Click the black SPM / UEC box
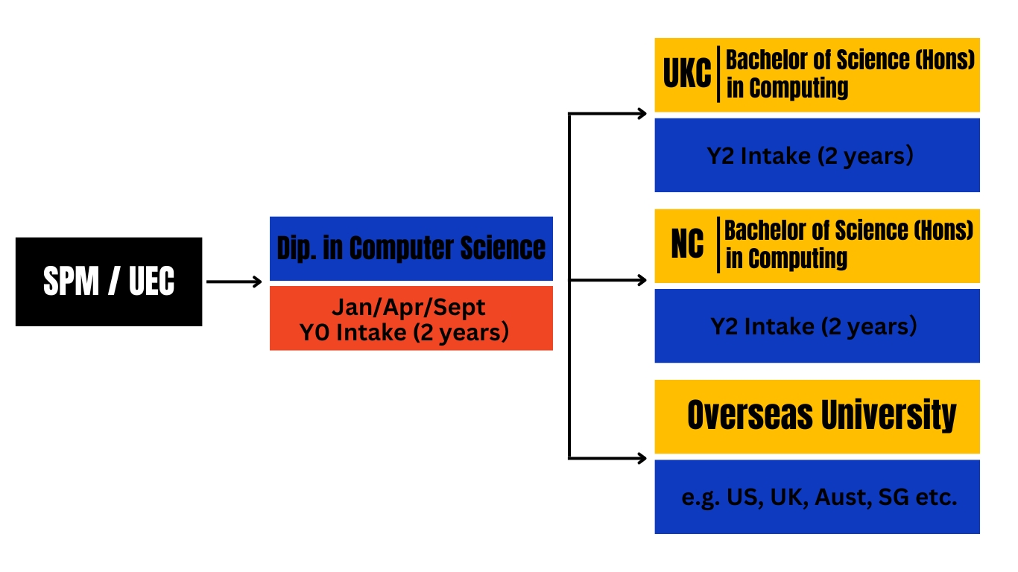(109, 282)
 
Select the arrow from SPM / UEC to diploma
(234, 282)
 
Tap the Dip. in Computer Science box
(411, 249)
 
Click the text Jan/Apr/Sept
(408, 308)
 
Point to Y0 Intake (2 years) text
(404, 332)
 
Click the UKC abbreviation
(686, 73)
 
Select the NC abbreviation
(687, 244)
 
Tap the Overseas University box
(817, 416)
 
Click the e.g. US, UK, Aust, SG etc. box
(817, 497)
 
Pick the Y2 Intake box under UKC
(817, 156)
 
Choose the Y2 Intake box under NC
(817, 325)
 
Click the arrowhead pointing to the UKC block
(642, 113)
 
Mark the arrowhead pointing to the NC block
(642, 280)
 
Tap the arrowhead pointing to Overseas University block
(642, 458)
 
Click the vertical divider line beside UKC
(718, 74)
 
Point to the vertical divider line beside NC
(718, 245)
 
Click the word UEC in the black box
(151, 282)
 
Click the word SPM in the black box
(71, 282)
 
